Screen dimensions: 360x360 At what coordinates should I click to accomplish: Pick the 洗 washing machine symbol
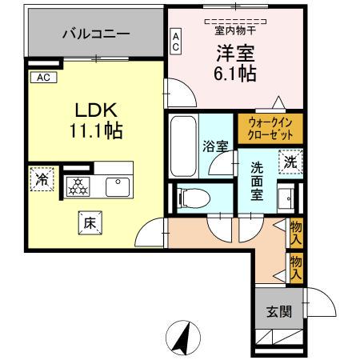point(291,162)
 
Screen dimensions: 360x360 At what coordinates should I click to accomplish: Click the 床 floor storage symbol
point(90,224)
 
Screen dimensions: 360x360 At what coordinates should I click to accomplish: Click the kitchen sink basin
point(118,186)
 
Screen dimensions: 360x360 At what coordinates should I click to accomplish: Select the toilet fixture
point(190,197)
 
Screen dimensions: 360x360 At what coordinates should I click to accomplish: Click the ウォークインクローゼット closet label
point(270,129)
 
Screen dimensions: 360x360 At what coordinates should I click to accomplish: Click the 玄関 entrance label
point(274,311)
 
